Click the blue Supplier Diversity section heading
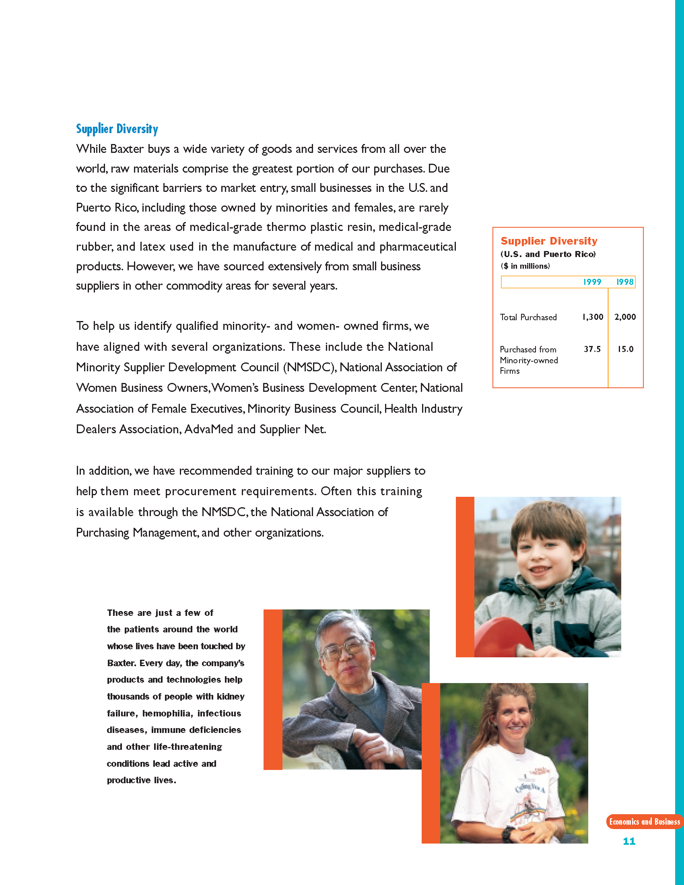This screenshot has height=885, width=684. click(117, 129)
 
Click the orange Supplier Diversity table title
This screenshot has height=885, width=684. click(549, 241)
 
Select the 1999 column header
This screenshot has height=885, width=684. click(591, 282)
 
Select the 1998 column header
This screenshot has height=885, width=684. click(624, 282)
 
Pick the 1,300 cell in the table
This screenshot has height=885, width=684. click(592, 317)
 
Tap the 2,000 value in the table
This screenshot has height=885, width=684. click(625, 317)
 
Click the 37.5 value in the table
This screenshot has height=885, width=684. click(592, 349)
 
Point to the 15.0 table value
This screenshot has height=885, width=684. click(625, 349)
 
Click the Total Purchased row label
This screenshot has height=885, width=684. click(528, 317)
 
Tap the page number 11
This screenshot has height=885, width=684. click(629, 841)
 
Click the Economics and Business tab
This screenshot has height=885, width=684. click(644, 821)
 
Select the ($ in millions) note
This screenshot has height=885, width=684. click(525, 266)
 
